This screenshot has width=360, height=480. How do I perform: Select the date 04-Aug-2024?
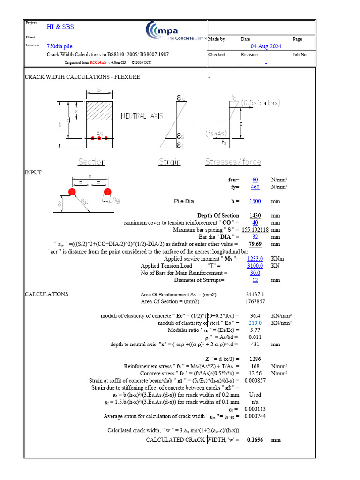[266, 46]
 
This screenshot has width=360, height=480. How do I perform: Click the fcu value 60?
[255, 180]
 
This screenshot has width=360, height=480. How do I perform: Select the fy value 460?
[255, 187]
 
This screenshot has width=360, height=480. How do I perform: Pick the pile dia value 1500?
[255, 201]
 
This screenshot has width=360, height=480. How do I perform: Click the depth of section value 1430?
[255, 216]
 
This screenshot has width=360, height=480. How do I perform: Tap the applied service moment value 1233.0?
[255, 258]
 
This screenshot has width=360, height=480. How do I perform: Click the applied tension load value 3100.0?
[255, 266]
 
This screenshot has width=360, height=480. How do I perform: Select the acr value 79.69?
[255, 244]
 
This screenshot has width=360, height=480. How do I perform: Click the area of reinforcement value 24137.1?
[255, 294]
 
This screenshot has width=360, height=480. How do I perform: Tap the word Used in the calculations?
[255, 395]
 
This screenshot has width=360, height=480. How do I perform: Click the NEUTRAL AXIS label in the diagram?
[142, 116]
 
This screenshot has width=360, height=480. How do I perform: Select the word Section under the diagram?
[92, 162]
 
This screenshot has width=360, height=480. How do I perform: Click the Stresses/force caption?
[233, 162]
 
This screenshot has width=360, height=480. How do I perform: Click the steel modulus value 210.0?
[255, 323]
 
